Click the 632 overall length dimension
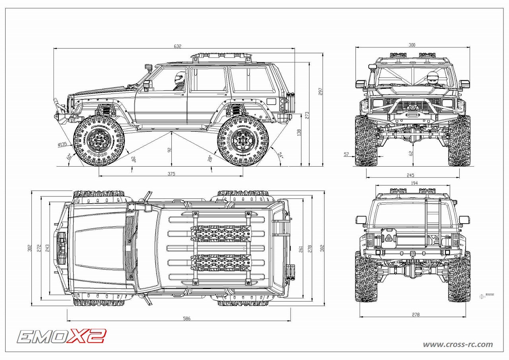tap(177, 46)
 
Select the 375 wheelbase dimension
tap(171, 173)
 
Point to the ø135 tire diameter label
tap(62, 144)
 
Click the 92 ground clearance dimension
tap(169, 150)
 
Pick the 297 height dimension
tap(321, 91)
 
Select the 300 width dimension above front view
tap(412, 45)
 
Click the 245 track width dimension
tap(410, 175)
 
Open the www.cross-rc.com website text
tap(457, 344)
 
